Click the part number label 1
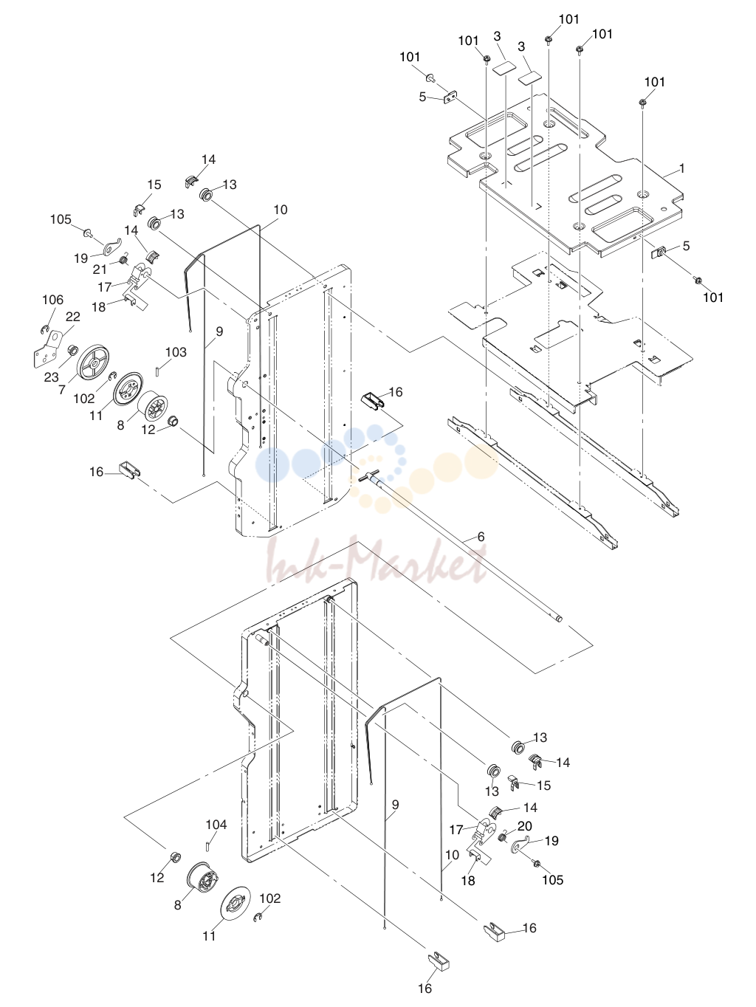[x=681, y=169]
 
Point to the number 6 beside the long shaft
[x=481, y=536]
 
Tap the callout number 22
[x=73, y=317]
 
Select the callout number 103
[x=176, y=352]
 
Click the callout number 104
[x=216, y=825]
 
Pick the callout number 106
[x=52, y=300]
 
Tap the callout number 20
[x=525, y=826]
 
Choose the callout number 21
[x=100, y=269]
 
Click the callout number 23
[x=52, y=377]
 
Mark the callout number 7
[x=62, y=390]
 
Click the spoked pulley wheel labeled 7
[x=94, y=362]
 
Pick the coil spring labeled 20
[x=503, y=837]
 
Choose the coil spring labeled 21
[x=124, y=259]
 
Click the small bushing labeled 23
[x=72, y=351]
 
